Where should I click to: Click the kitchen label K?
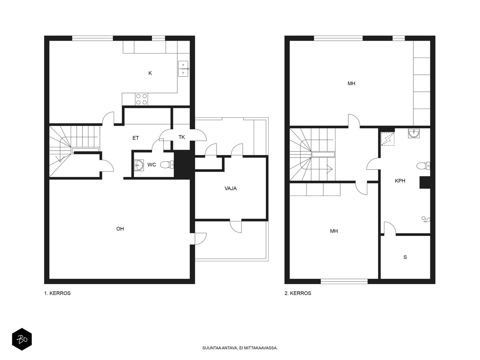(x=150, y=73)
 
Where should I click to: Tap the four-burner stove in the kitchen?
(x=141, y=99)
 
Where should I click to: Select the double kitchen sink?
(x=183, y=69)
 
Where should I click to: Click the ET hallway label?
(x=136, y=138)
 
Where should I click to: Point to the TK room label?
(x=182, y=137)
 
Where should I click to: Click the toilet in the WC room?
(x=167, y=165)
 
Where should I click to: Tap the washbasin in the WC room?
(x=139, y=165)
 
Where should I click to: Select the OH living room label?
(x=120, y=229)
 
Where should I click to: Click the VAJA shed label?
(x=230, y=188)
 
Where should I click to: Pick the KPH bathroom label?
(x=400, y=181)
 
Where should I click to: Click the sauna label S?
(x=405, y=257)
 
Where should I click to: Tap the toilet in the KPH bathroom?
(x=423, y=166)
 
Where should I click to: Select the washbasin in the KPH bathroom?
(x=414, y=133)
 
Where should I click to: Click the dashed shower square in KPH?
(x=388, y=139)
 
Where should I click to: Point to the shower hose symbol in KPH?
(x=426, y=219)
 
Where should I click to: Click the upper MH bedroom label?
(x=351, y=83)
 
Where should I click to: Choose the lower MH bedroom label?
(x=334, y=231)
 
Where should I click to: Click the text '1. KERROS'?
(x=57, y=293)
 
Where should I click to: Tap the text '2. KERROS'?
(x=298, y=293)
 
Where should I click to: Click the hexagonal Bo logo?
(x=22, y=339)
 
